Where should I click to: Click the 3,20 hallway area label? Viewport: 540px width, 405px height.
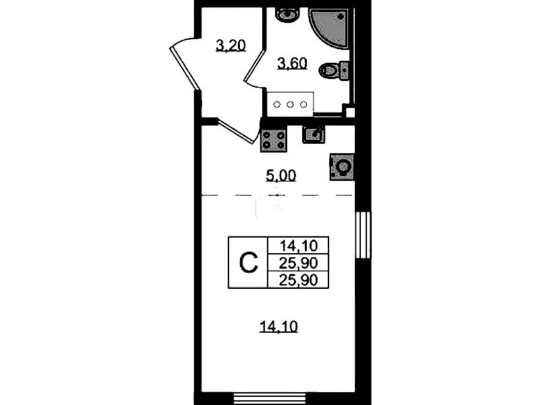(x=230, y=46)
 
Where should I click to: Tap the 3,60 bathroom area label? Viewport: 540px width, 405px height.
(x=293, y=63)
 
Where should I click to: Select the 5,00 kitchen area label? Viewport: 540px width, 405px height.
(x=281, y=175)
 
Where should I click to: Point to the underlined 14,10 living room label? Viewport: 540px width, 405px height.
(x=278, y=327)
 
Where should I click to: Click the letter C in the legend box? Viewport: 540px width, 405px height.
(x=248, y=263)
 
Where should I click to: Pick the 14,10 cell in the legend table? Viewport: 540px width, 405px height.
(x=299, y=246)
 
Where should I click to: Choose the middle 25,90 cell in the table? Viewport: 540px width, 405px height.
(x=298, y=263)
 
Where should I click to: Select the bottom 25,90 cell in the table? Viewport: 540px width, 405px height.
(x=298, y=280)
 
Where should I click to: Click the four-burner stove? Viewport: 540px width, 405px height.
(x=274, y=140)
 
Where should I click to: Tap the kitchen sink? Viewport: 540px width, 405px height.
(x=314, y=134)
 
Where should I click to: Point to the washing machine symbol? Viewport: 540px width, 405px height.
(x=342, y=167)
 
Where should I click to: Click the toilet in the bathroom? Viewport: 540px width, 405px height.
(x=334, y=71)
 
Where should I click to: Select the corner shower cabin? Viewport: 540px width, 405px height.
(x=330, y=28)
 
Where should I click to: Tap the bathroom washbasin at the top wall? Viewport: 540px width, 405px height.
(x=287, y=15)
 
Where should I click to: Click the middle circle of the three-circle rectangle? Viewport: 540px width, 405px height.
(x=290, y=104)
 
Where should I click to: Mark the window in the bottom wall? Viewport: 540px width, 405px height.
(x=270, y=398)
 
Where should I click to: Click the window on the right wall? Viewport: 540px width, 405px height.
(x=363, y=235)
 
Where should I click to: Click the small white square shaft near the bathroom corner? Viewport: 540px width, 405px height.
(x=350, y=113)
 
